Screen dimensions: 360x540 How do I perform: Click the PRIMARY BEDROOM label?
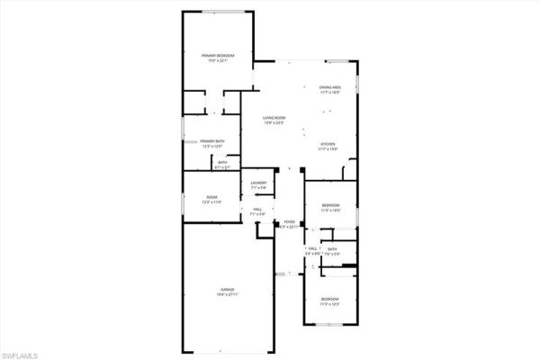[x=217, y=57]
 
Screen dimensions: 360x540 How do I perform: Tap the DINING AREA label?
[x=330, y=87]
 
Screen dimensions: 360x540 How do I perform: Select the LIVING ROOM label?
[x=274, y=118]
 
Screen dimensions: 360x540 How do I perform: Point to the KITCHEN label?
[x=328, y=145]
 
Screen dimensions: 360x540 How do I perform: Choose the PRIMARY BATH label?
[x=212, y=140]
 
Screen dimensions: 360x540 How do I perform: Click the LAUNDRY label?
[x=257, y=183]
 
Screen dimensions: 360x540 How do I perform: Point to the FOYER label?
[x=289, y=221]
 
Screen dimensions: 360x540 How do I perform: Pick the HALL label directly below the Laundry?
[x=257, y=209]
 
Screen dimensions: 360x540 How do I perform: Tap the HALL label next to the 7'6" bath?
[x=312, y=249]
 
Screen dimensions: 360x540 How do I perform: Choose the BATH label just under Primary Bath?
[x=223, y=162]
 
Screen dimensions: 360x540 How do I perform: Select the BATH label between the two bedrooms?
[x=332, y=249]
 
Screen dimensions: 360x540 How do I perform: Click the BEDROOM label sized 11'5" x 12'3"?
[x=329, y=299]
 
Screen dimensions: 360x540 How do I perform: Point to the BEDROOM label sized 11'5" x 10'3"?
[x=330, y=206]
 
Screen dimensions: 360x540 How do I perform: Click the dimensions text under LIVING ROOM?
[x=274, y=123]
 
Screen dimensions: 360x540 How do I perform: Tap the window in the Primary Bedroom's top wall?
[x=218, y=12]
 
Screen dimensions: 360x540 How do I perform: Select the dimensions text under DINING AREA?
[x=330, y=93]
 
